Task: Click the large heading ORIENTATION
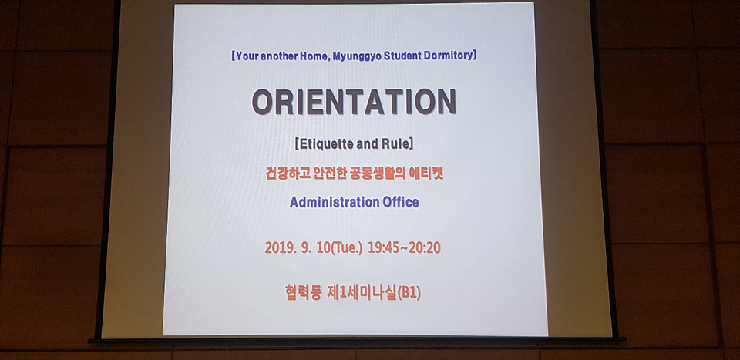(x=354, y=102)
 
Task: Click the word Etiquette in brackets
(x=325, y=143)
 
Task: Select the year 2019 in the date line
(x=278, y=247)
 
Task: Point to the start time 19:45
(x=383, y=247)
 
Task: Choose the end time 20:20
(x=425, y=247)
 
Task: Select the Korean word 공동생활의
(x=379, y=173)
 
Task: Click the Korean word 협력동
(x=303, y=293)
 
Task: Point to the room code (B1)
(x=409, y=293)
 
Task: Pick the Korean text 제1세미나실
(x=362, y=293)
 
